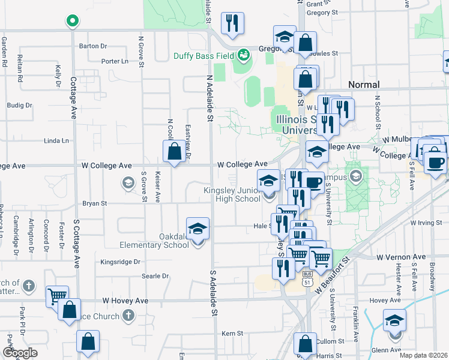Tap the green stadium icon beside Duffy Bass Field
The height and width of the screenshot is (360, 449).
244,55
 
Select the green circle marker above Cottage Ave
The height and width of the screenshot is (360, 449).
72,22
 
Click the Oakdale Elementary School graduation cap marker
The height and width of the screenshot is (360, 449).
197,230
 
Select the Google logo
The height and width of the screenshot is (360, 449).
20,353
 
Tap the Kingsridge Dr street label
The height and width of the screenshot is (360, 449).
120,262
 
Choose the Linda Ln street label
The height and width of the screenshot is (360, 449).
57,141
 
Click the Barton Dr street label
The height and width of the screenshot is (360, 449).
92,46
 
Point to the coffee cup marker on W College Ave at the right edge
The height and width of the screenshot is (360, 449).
436,162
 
